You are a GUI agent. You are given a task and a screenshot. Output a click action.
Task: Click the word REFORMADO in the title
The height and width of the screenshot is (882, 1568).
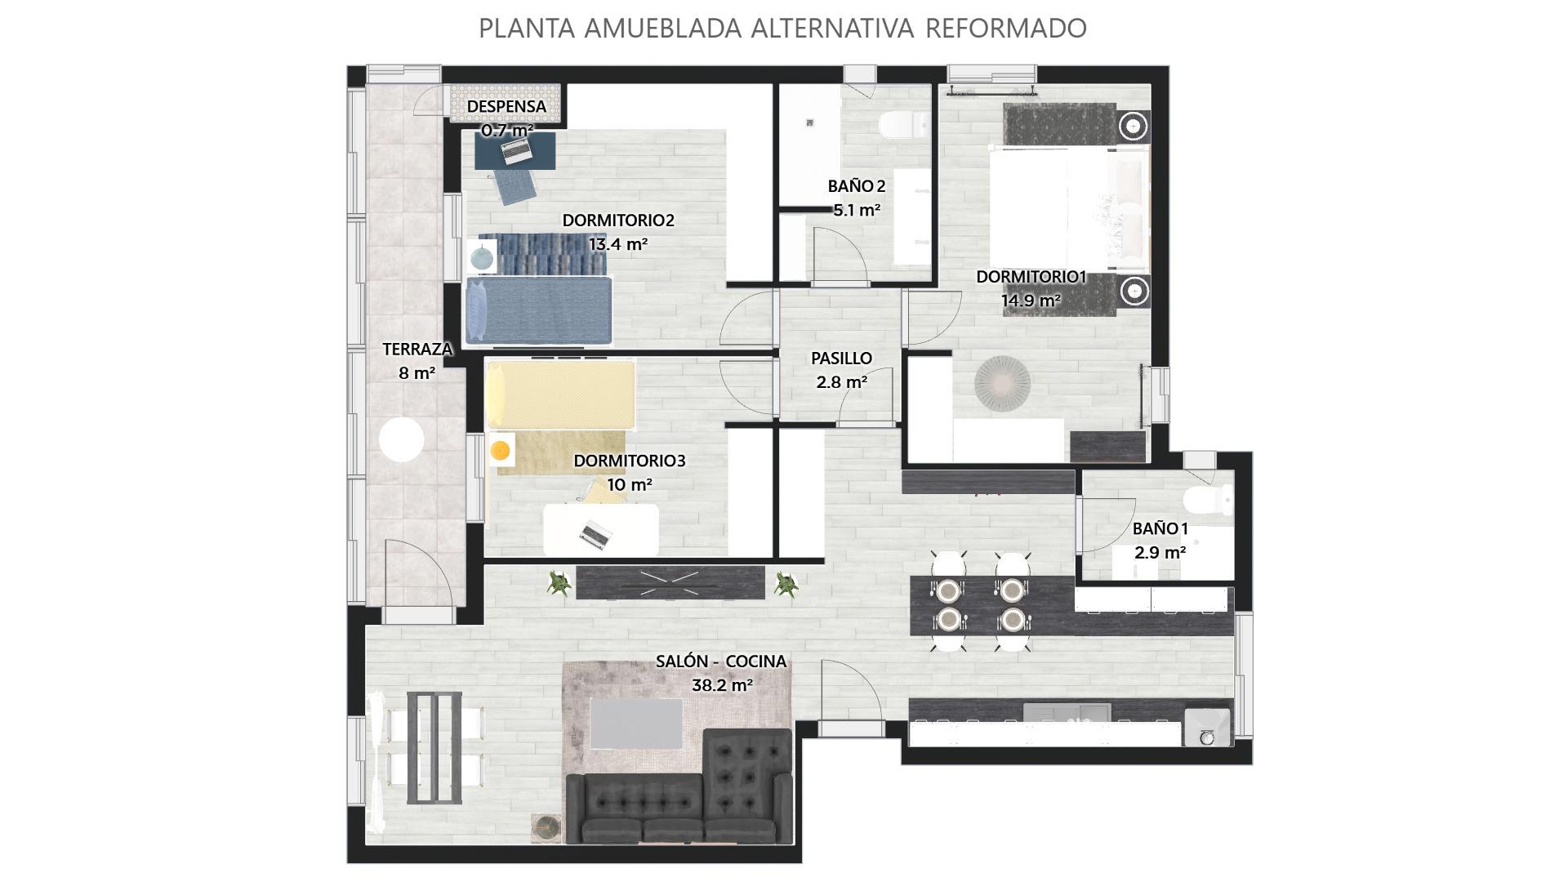(x=1006, y=28)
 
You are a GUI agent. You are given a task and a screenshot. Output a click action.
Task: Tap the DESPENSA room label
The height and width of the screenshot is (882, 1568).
(x=506, y=106)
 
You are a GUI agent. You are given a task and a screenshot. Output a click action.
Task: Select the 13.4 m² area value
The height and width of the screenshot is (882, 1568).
(x=618, y=243)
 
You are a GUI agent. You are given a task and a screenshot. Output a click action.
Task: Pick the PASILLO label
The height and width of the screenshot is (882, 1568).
(x=841, y=358)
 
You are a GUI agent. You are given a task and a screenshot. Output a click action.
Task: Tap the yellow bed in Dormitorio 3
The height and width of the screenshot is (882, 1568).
(x=560, y=395)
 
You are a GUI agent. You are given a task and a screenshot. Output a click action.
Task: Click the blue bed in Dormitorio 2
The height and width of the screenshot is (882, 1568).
(x=539, y=310)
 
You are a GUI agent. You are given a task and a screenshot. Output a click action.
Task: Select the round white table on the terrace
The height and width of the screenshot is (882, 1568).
(x=402, y=440)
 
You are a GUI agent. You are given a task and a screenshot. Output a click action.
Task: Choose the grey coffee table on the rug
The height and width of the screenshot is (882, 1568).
(x=636, y=724)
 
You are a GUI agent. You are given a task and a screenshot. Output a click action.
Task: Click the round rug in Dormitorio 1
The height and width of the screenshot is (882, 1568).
(x=1002, y=382)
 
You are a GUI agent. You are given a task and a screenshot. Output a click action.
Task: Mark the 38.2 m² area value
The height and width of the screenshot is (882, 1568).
(x=722, y=685)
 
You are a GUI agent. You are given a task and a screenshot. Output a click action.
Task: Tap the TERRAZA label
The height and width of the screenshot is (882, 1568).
(x=417, y=349)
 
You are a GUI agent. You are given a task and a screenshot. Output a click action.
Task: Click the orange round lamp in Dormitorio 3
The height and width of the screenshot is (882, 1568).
(x=500, y=449)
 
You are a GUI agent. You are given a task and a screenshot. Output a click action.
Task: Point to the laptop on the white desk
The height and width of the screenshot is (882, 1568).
(x=596, y=534)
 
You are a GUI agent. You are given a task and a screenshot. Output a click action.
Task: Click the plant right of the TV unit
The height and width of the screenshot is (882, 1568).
(x=786, y=584)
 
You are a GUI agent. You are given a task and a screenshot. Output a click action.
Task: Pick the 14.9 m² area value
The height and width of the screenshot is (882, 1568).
(x=1031, y=300)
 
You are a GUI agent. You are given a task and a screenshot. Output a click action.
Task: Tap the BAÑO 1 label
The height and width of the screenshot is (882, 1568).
(x=1160, y=528)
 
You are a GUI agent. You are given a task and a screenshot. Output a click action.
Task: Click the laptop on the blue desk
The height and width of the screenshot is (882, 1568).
(x=515, y=149)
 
